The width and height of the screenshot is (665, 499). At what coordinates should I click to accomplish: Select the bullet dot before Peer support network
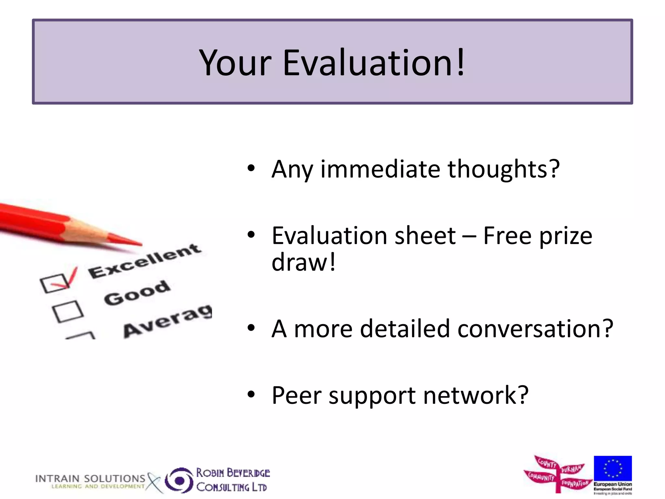tap(251, 395)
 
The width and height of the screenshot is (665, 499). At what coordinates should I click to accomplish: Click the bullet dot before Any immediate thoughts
tap(251, 168)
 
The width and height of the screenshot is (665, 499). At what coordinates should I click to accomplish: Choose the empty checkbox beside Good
tap(68, 311)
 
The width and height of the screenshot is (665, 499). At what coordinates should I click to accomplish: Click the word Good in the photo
tap(137, 293)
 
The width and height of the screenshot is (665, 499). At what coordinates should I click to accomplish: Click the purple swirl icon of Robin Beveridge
tap(179, 480)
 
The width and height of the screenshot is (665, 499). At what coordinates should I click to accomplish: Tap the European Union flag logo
tap(613, 468)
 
